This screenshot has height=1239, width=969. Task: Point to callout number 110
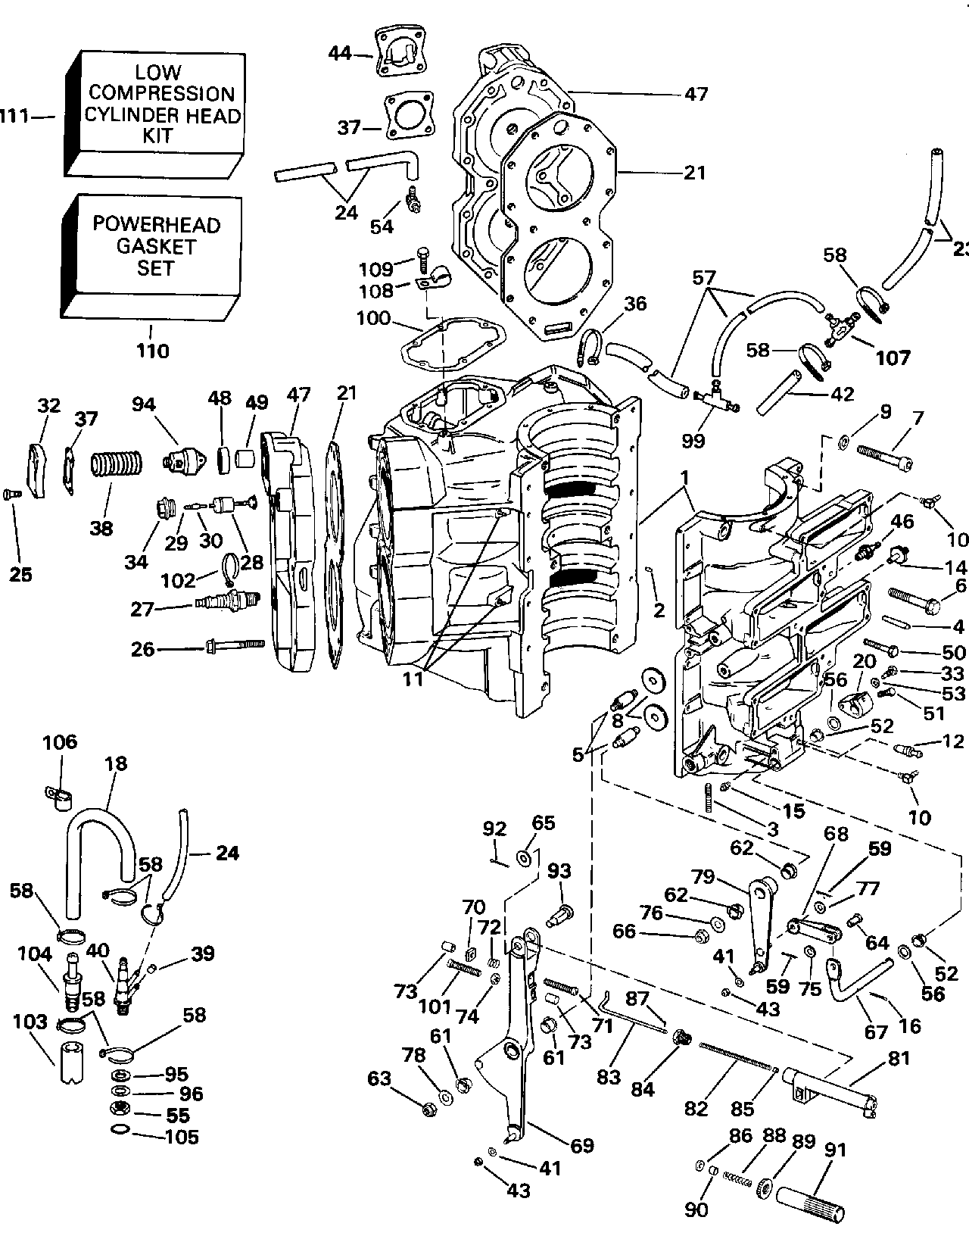coord(152,351)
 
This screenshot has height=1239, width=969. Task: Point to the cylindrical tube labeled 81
coord(830,1090)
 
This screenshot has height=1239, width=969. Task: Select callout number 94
coord(143,405)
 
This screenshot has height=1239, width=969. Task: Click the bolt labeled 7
coord(883,455)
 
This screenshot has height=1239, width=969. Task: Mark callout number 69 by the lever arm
coord(581,1145)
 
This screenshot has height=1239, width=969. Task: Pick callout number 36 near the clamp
coord(635,304)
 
